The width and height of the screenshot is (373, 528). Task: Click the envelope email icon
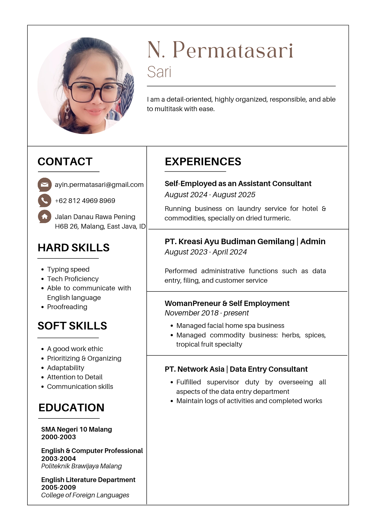pyautogui.click(x=45, y=185)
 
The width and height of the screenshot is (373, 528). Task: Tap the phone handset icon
pyautogui.click(x=45, y=201)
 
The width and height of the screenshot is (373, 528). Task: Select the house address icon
pyautogui.click(x=45, y=216)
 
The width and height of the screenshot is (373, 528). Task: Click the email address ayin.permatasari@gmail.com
pyautogui.click(x=99, y=185)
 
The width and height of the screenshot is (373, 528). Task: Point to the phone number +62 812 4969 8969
pyautogui.click(x=85, y=201)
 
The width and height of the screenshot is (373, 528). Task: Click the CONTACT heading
pyautogui.click(x=65, y=162)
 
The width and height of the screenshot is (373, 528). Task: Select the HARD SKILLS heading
pyautogui.click(x=73, y=248)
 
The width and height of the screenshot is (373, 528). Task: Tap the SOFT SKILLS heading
pyautogui.click(x=72, y=326)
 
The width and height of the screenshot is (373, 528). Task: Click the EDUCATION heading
pyautogui.click(x=71, y=408)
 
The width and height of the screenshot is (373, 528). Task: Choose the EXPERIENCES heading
pyautogui.click(x=203, y=162)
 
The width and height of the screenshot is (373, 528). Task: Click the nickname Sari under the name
pyautogui.click(x=159, y=72)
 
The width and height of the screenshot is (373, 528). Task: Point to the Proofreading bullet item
pyautogui.click(x=67, y=307)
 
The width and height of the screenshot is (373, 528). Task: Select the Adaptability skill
pyautogui.click(x=65, y=368)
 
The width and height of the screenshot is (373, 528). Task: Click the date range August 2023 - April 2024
pyautogui.click(x=206, y=252)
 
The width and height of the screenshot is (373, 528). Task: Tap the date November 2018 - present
pyautogui.click(x=207, y=313)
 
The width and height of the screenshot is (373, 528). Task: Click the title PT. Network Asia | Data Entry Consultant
pyautogui.click(x=236, y=369)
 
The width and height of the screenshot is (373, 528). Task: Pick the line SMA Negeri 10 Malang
pyautogui.click(x=76, y=429)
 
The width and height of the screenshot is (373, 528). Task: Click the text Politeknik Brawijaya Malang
pyautogui.click(x=81, y=466)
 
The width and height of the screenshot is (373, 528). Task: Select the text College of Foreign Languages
pyautogui.click(x=85, y=495)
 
